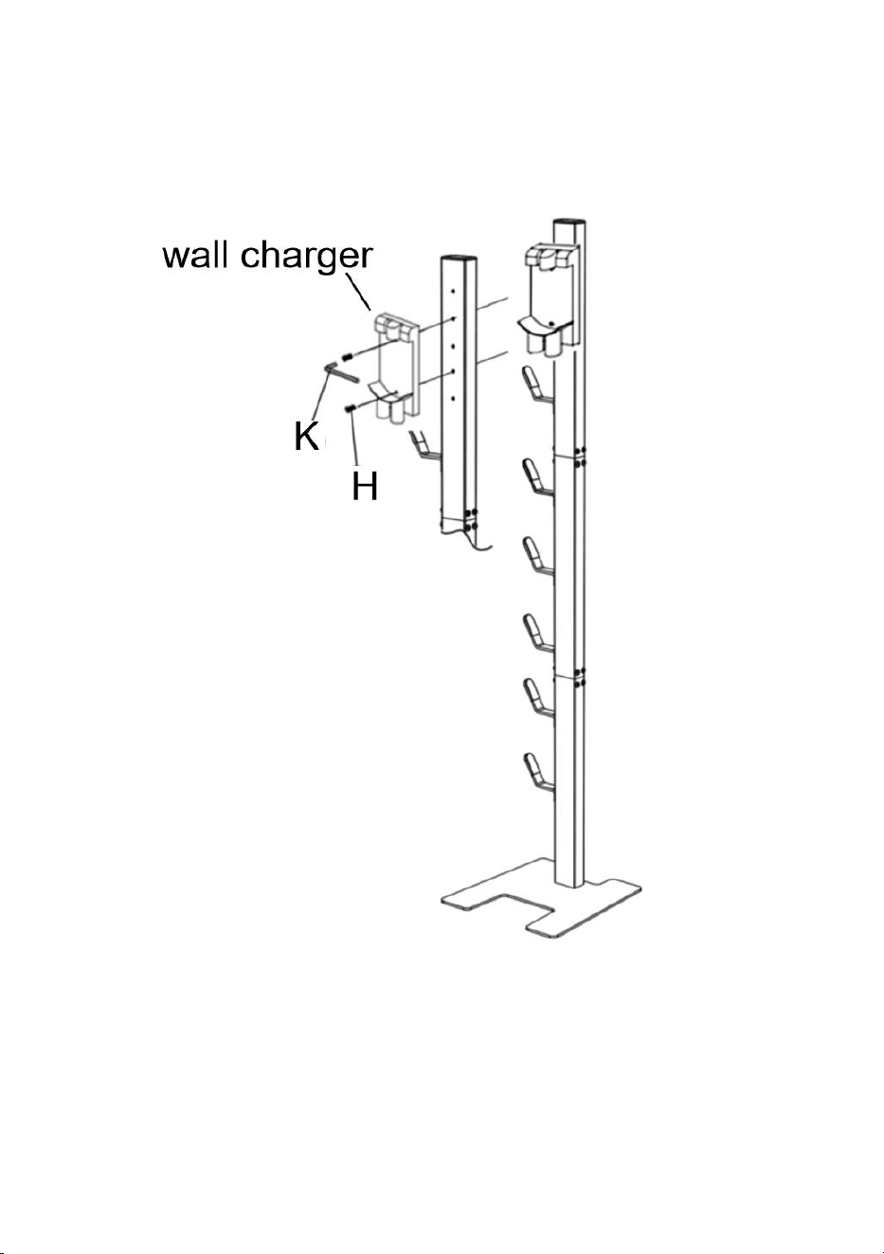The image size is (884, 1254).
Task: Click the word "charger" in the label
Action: [x=306, y=258]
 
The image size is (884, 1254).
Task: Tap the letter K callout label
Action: [x=306, y=436]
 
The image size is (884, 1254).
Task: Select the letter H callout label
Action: [x=365, y=485]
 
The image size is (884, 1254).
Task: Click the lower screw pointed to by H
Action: [x=352, y=409]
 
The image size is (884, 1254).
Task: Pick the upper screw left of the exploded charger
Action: [x=347, y=356]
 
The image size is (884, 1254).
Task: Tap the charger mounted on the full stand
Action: [x=549, y=300]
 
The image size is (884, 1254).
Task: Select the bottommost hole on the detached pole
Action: [x=453, y=398]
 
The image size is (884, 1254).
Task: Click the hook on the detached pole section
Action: [x=424, y=446]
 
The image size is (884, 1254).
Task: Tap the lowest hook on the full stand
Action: [x=538, y=773]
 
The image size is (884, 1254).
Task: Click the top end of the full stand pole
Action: [x=569, y=224]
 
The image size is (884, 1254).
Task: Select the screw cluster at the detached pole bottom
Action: [x=469, y=519]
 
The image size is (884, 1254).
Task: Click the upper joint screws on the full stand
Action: [x=580, y=457]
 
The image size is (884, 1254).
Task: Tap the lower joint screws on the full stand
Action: [x=580, y=677]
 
